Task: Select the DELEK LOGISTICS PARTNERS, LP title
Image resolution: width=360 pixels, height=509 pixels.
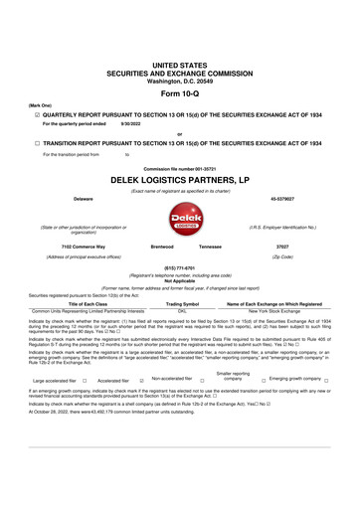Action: [x=179, y=181]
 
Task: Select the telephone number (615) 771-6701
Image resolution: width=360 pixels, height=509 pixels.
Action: [x=179, y=266]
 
